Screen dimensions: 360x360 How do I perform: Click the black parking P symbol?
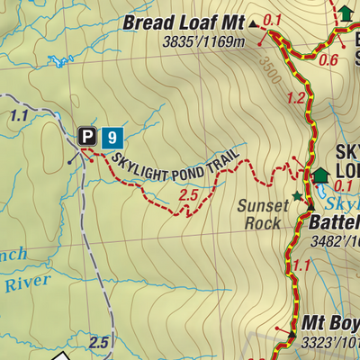click(x=87, y=136)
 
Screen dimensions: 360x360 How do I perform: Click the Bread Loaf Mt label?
click(x=184, y=22)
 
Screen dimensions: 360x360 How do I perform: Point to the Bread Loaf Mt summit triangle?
click(x=253, y=24)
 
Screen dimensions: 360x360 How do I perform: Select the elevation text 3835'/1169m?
click(x=204, y=41)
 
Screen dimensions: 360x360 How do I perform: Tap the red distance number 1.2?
click(x=295, y=98)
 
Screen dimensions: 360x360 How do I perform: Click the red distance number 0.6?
click(x=328, y=60)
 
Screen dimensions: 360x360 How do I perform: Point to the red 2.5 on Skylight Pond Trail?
click(x=188, y=193)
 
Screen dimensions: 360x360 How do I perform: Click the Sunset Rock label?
click(x=263, y=213)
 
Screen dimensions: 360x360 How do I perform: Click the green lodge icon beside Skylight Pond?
click(x=320, y=175)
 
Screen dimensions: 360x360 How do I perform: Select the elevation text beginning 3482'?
click(x=333, y=240)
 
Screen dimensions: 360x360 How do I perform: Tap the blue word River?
click(x=24, y=284)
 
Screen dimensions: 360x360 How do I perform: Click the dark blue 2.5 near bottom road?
click(x=99, y=343)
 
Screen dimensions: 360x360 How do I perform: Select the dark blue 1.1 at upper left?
click(x=18, y=116)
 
